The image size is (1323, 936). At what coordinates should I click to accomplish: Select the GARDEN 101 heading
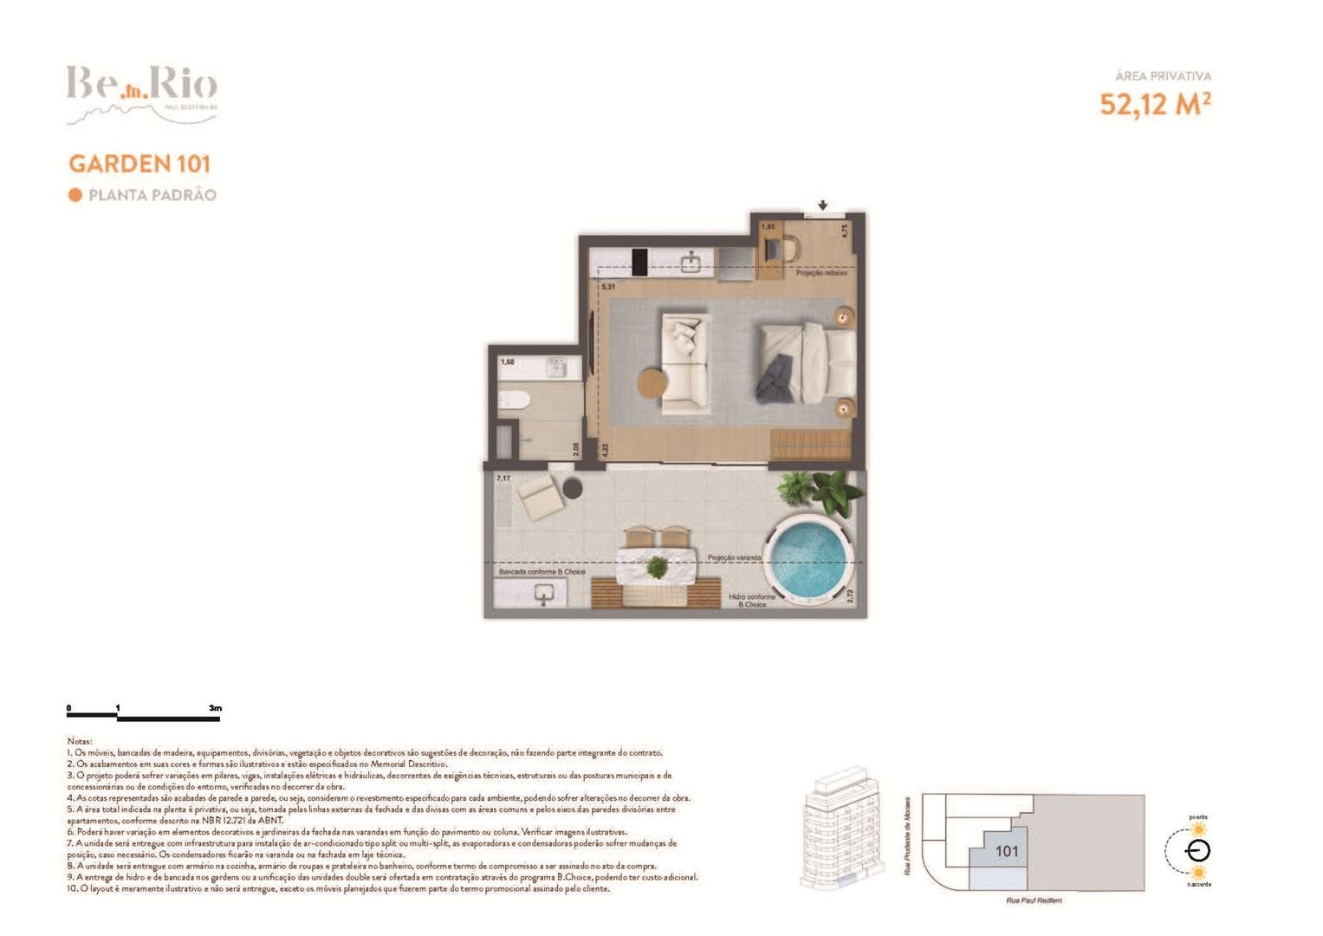click(139, 164)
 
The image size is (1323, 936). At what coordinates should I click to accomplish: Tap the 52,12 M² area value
click(1155, 104)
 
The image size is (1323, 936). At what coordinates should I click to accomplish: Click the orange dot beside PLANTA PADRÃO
click(75, 195)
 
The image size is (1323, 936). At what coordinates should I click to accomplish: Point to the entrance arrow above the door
click(822, 205)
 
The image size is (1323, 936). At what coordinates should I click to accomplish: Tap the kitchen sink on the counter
click(691, 262)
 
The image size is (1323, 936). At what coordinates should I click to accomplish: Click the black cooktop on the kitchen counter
click(639, 262)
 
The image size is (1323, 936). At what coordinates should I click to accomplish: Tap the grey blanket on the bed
click(774, 380)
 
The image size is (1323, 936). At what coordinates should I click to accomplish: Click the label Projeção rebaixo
click(821, 273)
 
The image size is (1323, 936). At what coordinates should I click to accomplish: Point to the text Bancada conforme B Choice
click(542, 572)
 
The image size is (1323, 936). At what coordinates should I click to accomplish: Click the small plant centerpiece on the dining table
click(658, 568)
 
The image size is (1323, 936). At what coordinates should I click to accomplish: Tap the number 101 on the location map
click(1007, 851)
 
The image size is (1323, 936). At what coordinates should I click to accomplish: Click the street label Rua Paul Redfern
click(1034, 900)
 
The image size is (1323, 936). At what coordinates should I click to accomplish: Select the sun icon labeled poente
click(1198, 829)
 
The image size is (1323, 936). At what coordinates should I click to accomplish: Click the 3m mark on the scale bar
click(215, 708)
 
